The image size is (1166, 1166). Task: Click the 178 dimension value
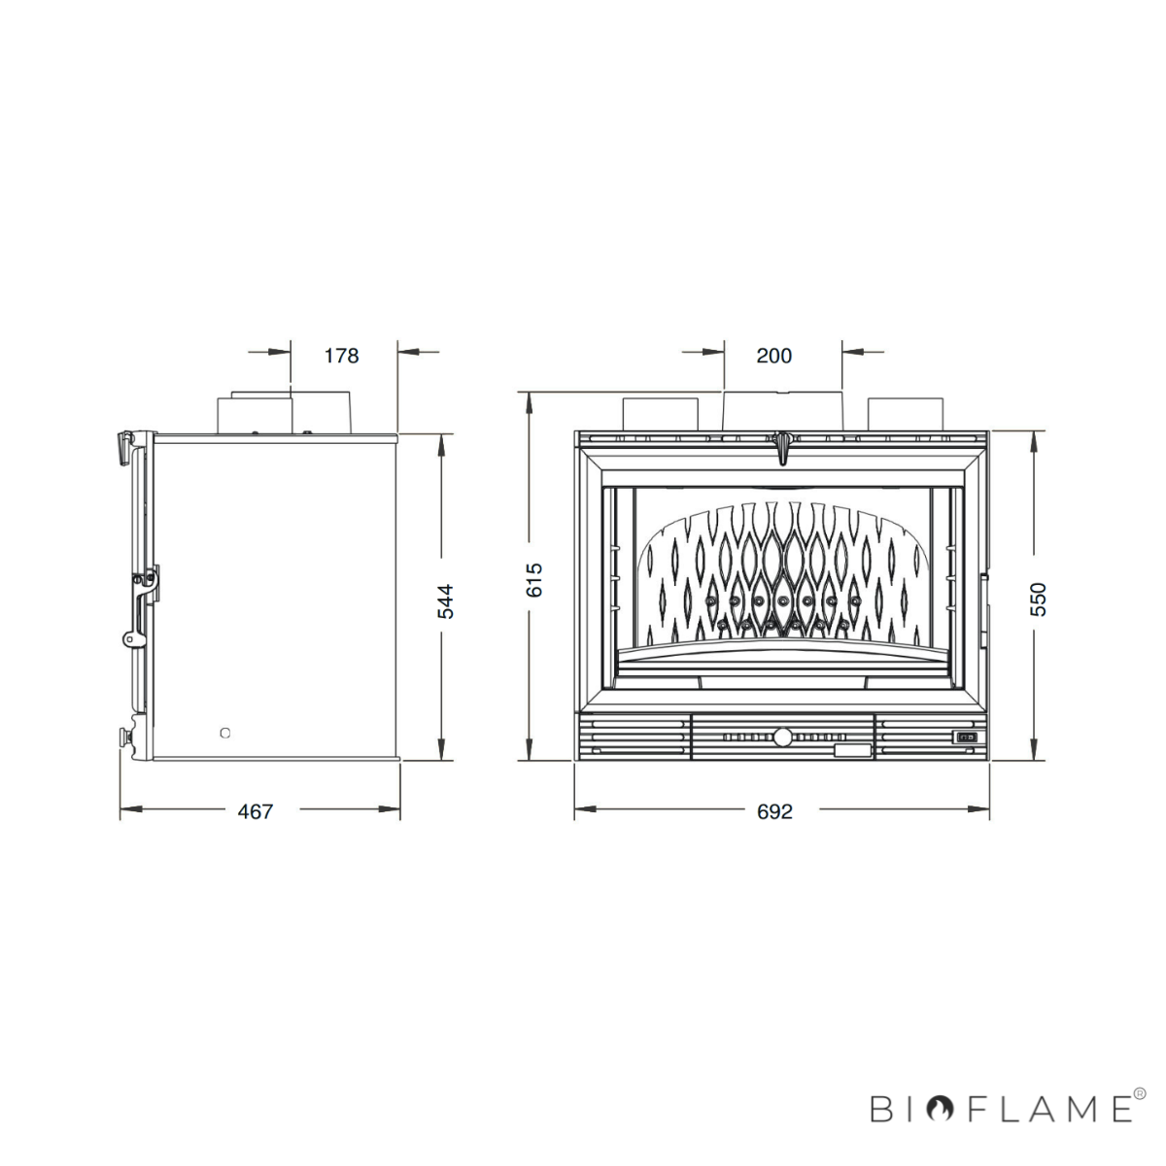click(x=341, y=356)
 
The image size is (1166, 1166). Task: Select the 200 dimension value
click(x=773, y=356)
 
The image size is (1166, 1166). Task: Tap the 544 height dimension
click(x=445, y=601)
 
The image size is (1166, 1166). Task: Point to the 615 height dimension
click(x=534, y=580)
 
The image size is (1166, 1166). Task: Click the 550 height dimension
click(x=1039, y=600)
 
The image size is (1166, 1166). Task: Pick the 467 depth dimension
click(x=256, y=811)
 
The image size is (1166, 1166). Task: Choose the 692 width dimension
click(x=774, y=811)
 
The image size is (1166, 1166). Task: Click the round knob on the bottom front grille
click(x=782, y=737)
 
